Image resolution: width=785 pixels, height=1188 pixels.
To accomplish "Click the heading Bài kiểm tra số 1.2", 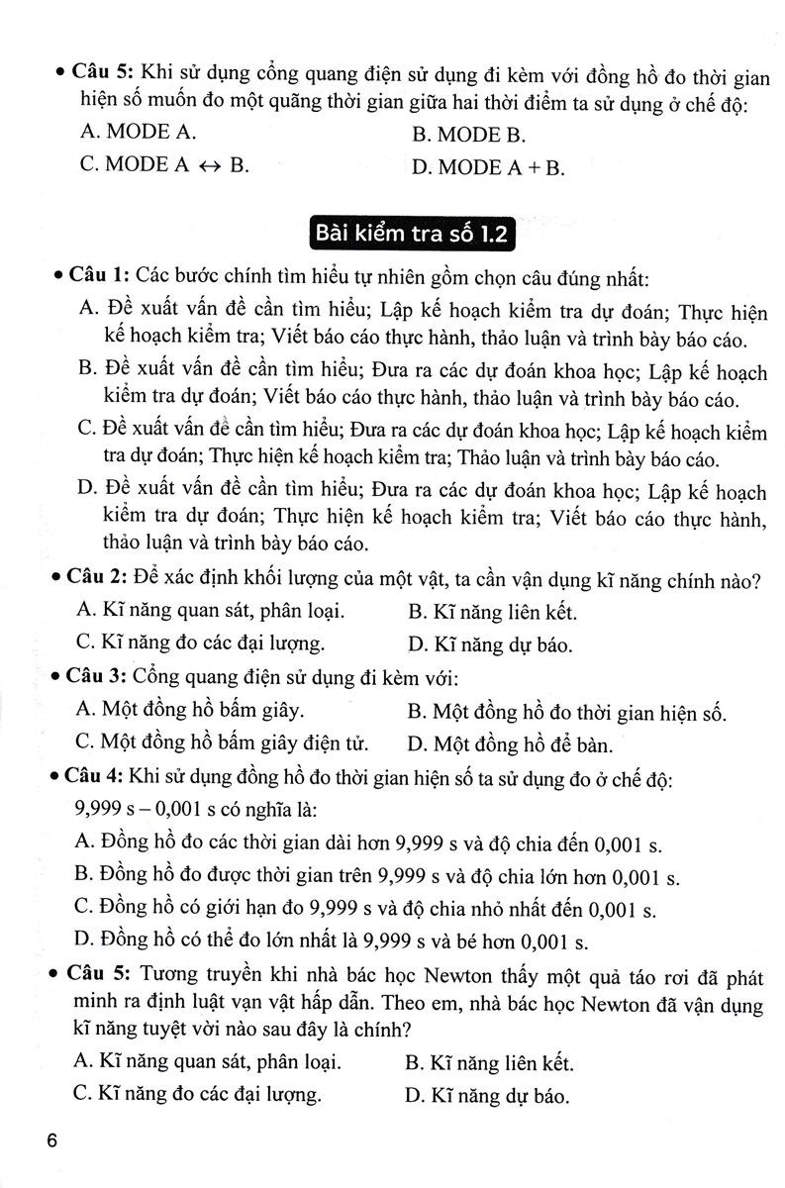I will pyautogui.click(x=412, y=234).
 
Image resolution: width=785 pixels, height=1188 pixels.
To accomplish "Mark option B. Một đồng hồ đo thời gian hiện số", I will pyautogui.click(x=566, y=712).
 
